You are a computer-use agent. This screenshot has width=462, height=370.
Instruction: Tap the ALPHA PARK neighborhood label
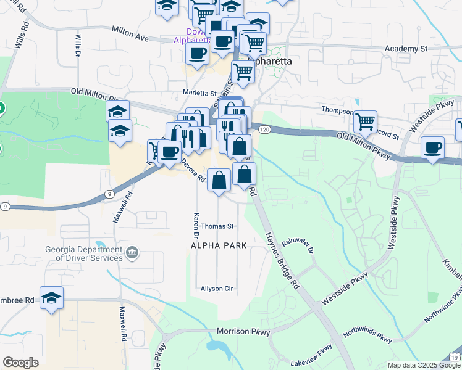[x=219, y=245]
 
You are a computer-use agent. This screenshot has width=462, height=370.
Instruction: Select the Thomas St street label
[x=217, y=226]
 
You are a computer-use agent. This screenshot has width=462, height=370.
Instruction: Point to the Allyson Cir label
[x=216, y=288]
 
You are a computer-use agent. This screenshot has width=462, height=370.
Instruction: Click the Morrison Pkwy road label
[x=244, y=332]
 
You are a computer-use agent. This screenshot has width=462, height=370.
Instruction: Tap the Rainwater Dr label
[x=298, y=247]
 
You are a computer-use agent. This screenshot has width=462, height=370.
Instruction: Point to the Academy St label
[x=406, y=48]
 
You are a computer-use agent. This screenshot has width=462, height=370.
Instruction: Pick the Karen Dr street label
[x=196, y=226]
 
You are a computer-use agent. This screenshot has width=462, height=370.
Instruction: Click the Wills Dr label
[x=78, y=46]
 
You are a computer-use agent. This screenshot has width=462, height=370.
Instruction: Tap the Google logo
[x=20, y=363]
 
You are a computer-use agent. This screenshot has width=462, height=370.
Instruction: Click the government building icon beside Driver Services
[x=132, y=253]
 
